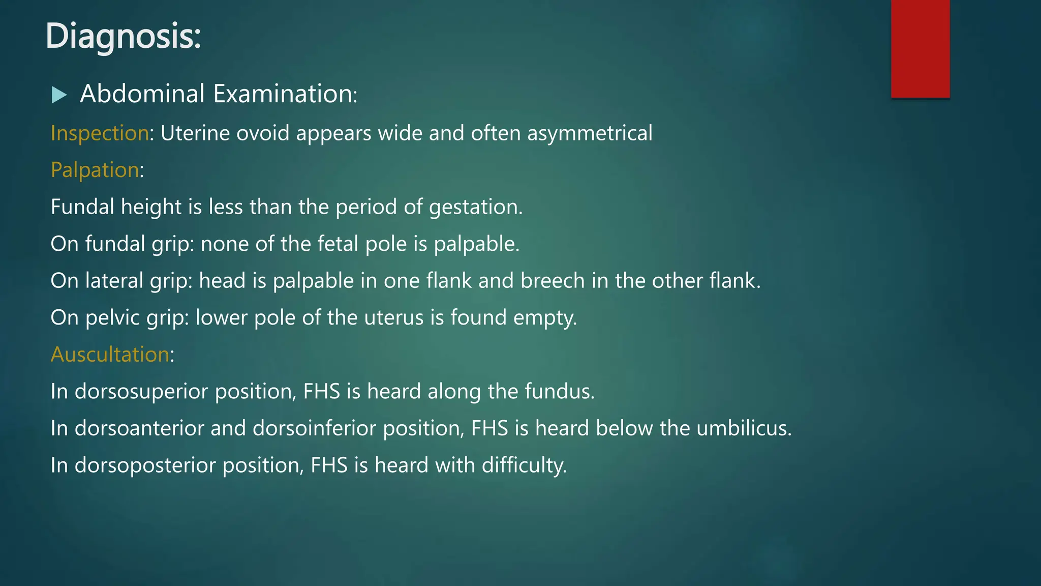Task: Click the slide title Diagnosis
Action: pyautogui.click(x=123, y=37)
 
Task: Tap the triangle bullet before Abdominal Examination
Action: pyautogui.click(x=59, y=95)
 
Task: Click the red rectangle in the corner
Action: pyautogui.click(x=920, y=48)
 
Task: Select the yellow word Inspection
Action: pyautogui.click(x=100, y=133)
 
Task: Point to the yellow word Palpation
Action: pyautogui.click(x=95, y=170)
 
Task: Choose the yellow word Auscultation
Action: pyautogui.click(x=110, y=355)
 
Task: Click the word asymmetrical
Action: pyautogui.click(x=590, y=133)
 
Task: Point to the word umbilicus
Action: pyautogui.click(x=744, y=428)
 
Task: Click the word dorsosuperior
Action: pyautogui.click(x=141, y=392)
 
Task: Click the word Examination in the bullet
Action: pyautogui.click(x=285, y=94)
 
